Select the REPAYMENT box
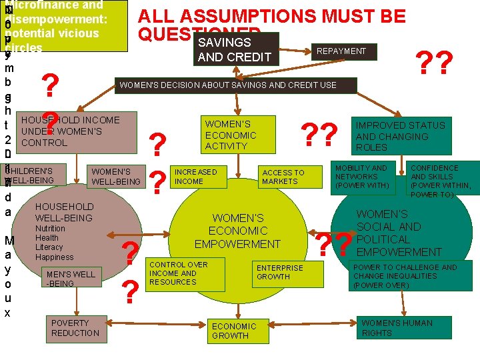341,51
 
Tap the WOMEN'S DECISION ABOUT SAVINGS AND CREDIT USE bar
237,85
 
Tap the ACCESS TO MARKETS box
283,177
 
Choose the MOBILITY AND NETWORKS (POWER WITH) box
365,176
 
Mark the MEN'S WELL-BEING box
71,279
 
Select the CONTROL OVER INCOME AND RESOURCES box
179,273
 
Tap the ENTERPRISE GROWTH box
280,272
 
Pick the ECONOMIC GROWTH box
235,331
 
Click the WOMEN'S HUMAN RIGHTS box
398,327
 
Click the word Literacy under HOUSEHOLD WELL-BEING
49,247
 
